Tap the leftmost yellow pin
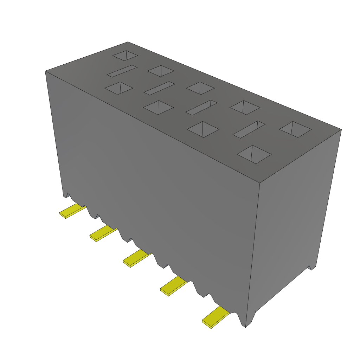(72, 211)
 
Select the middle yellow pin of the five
(136, 258)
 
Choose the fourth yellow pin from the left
(173, 285)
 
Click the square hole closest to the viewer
(254, 154)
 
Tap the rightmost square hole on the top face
(295, 129)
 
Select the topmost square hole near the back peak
(125, 55)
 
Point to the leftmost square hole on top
(119, 88)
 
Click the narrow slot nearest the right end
(249, 129)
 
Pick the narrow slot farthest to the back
(122, 71)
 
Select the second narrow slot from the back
(159, 88)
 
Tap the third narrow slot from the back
(201, 108)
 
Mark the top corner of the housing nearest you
(259, 183)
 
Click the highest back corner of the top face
(128, 42)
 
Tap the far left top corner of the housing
(45, 71)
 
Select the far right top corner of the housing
(341, 129)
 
